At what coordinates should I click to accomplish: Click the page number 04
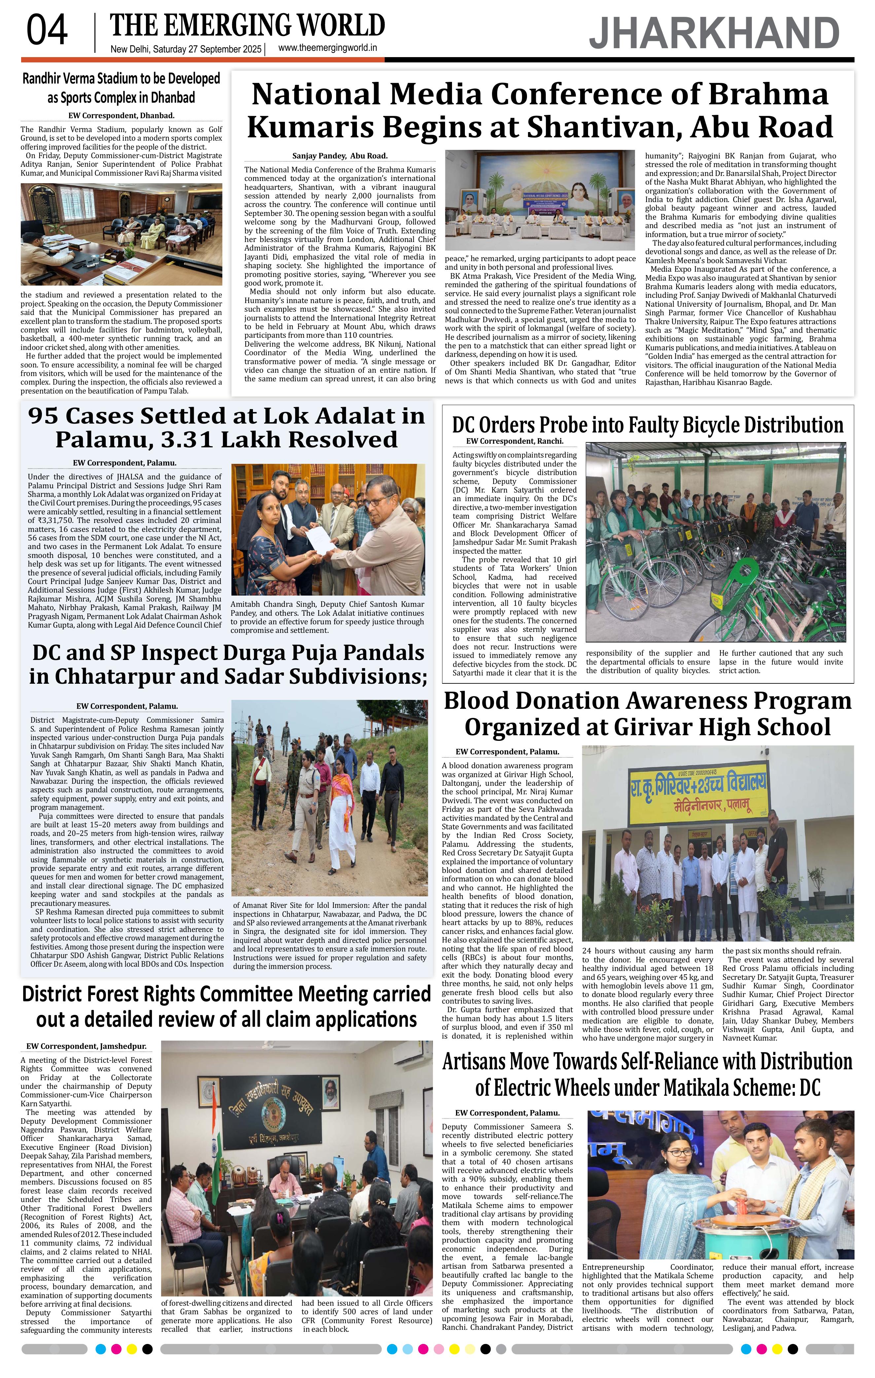pos(47,31)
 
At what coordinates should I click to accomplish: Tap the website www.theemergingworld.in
pos(327,48)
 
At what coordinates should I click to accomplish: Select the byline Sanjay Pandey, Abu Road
pos(339,155)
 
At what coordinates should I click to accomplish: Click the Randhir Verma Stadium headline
pos(121,87)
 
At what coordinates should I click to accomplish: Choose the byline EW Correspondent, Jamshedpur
pos(86,1046)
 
